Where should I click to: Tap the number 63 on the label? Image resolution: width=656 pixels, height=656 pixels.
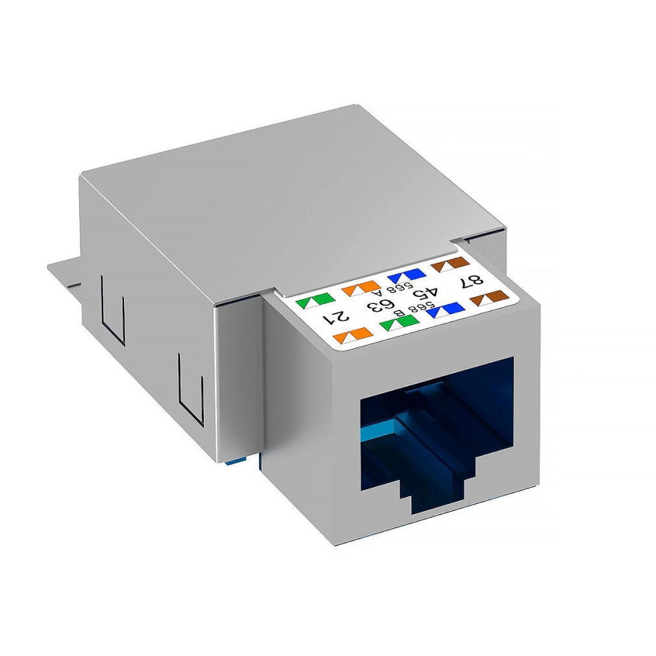[381, 304]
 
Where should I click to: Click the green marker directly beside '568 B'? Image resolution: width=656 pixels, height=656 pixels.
[399, 323]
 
